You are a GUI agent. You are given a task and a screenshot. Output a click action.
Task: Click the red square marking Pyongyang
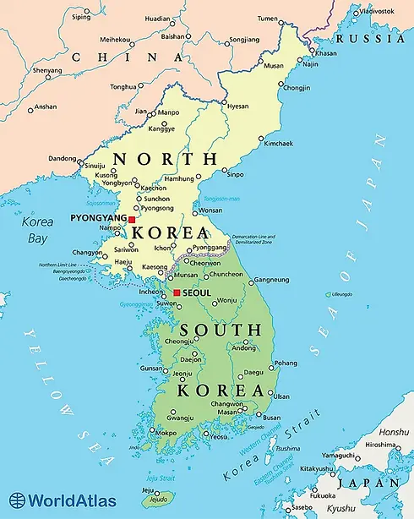pos(132,220)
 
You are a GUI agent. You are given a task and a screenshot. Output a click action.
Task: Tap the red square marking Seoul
pos(175,292)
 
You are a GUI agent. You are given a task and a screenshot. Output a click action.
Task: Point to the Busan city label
pos(271,417)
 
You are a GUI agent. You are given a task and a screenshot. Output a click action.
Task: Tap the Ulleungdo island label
pos(342,294)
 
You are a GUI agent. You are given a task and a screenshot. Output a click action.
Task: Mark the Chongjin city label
pos(297,86)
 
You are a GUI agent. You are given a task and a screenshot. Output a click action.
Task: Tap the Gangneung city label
pos(272,280)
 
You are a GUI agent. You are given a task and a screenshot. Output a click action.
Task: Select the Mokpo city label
pos(167,432)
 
